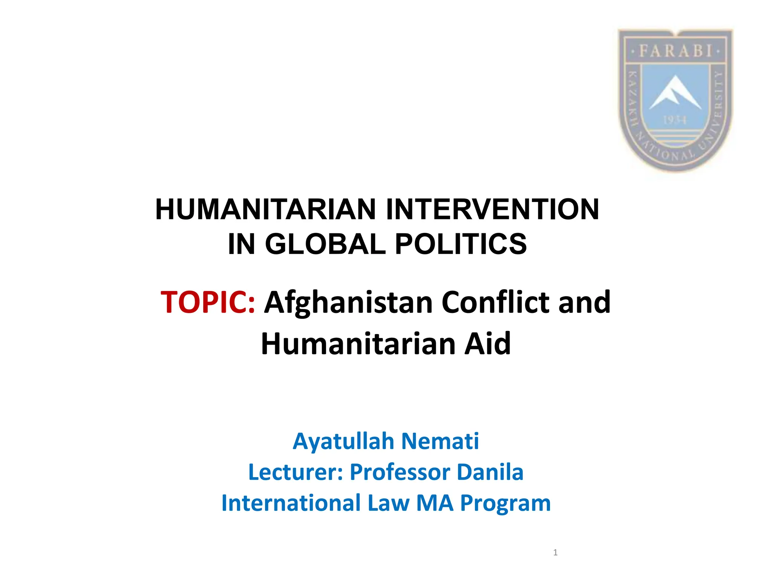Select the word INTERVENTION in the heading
click(492, 210)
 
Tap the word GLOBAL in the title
click(326, 244)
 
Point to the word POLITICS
click(461, 244)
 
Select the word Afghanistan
click(348, 302)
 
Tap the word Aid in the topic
click(487, 344)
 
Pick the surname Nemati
click(440, 441)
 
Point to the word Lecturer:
click(296, 472)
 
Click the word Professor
click(400, 472)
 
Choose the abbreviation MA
click(435, 503)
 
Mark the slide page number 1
click(555, 553)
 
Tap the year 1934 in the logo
click(675, 120)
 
